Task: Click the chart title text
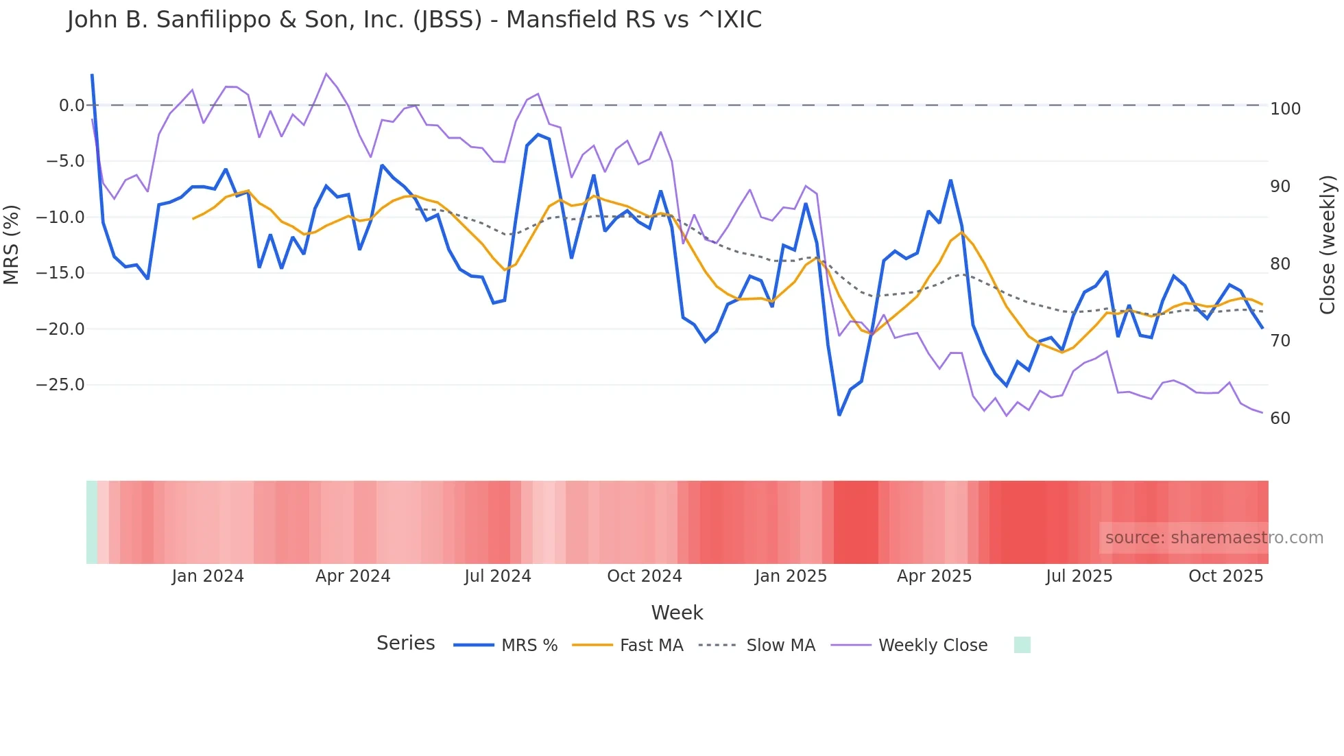[414, 20]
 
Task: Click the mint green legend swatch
[1022, 645]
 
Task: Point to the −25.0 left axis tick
[60, 385]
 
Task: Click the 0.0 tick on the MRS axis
[71, 106]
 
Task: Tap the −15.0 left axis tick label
[60, 273]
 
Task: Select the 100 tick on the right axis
[1285, 109]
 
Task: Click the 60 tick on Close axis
[1280, 418]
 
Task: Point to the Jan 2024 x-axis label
[208, 576]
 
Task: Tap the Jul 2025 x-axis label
[1079, 576]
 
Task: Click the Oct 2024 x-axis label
[644, 576]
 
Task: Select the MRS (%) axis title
[12, 244]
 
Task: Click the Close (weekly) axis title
[1328, 244]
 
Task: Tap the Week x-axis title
[677, 613]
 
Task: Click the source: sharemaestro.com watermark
[1214, 538]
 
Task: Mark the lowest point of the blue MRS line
[839, 415]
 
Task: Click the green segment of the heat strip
[92, 522]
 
